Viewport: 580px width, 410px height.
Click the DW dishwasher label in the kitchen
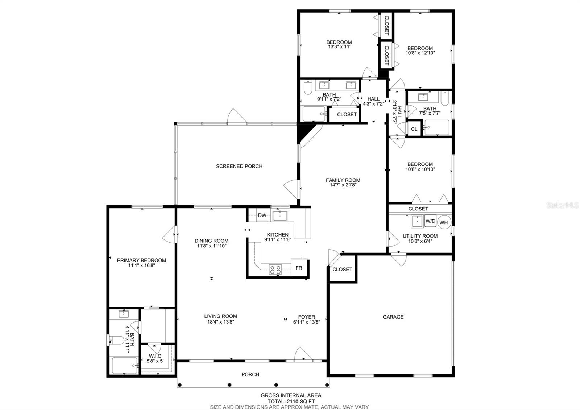click(262, 215)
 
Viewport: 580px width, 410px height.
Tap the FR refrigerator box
click(299, 268)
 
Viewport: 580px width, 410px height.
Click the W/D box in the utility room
click(430, 221)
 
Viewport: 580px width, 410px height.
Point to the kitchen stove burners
click(275, 270)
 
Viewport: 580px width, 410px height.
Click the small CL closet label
click(414, 129)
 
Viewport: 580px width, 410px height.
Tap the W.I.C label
click(155, 356)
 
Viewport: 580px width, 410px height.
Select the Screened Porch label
click(239, 166)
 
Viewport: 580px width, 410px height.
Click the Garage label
click(393, 317)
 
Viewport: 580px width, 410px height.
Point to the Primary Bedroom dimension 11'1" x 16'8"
click(141, 265)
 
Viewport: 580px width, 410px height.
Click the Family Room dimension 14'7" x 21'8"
click(343, 185)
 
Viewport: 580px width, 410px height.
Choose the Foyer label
click(307, 317)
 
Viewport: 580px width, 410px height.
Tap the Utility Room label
click(420, 236)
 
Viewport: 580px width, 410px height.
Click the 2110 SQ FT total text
click(300, 401)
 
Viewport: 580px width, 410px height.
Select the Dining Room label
click(212, 241)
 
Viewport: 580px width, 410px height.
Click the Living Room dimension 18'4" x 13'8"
click(220, 322)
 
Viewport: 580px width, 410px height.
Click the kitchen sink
click(280, 216)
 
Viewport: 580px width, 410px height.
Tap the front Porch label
click(250, 374)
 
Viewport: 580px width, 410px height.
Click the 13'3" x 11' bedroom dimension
click(339, 47)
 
